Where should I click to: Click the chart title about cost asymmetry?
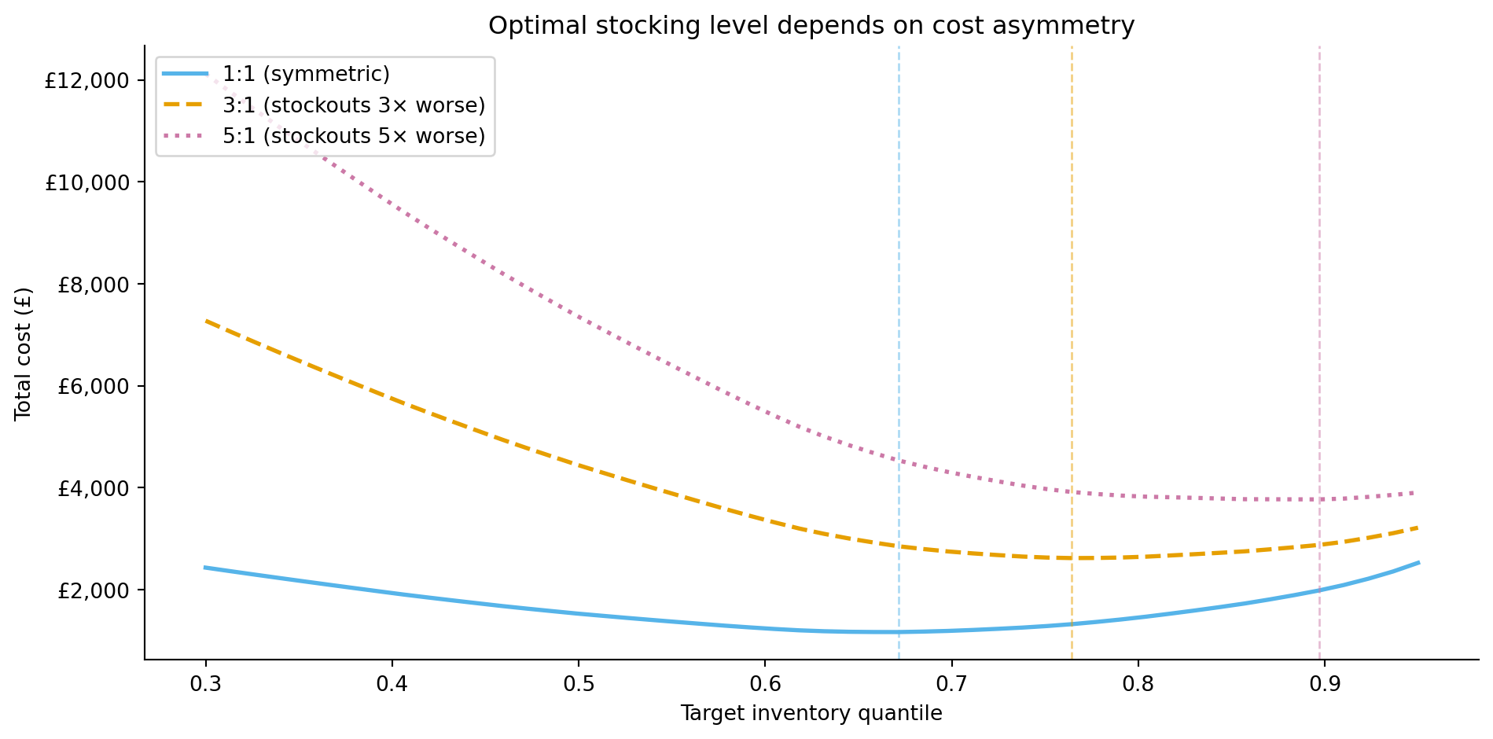[x=811, y=26]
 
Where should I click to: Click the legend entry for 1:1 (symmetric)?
[x=306, y=74]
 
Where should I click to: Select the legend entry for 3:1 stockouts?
[x=353, y=105]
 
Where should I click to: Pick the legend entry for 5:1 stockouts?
[x=353, y=136]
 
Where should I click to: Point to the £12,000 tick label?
[x=86, y=80]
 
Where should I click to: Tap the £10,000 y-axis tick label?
[x=86, y=182]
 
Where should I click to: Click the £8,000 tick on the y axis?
[x=93, y=285]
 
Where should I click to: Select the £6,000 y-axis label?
[x=93, y=386]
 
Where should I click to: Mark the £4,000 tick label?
[x=93, y=488]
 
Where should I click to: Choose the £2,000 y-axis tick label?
[x=93, y=590]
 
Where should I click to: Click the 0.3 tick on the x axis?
[x=206, y=683]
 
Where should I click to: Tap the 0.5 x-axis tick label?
[x=579, y=683]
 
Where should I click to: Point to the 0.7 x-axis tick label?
[x=951, y=683]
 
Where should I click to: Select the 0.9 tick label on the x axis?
[x=1324, y=683]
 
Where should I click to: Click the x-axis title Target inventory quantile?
[x=811, y=713]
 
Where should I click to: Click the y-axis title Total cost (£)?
[x=24, y=353]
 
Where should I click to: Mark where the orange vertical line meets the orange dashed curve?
[x=1072, y=558]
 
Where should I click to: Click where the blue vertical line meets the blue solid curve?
[x=899, y=632]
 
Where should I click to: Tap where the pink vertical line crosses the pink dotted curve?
[x=1319, y=499]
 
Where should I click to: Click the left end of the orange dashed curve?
[x=206, y=321]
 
